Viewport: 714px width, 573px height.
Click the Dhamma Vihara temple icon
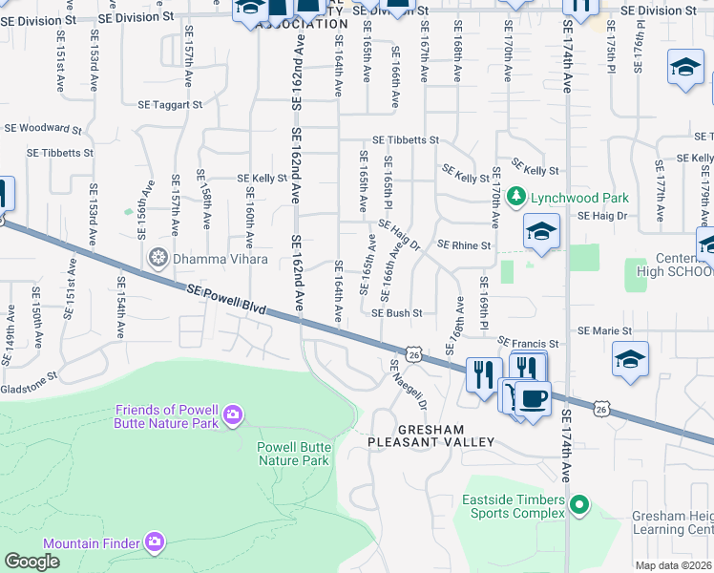click(157, 257)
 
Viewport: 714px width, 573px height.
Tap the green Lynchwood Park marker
click(516, 197)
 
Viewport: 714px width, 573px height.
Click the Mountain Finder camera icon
click(155, 542)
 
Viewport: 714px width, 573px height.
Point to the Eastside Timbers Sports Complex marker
click(577, 502)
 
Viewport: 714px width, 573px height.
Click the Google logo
click(31, 562)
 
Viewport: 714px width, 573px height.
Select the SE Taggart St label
click(170, 105)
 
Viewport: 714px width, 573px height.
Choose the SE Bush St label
click(396, 313)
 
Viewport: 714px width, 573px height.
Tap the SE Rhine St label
click(463, 245)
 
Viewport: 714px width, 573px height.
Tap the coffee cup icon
click(532, 397)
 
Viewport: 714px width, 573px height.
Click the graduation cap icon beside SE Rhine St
click(541, 233)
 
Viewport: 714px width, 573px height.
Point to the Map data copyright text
click(674, 565)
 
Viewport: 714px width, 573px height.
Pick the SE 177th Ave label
click(660, 183)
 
